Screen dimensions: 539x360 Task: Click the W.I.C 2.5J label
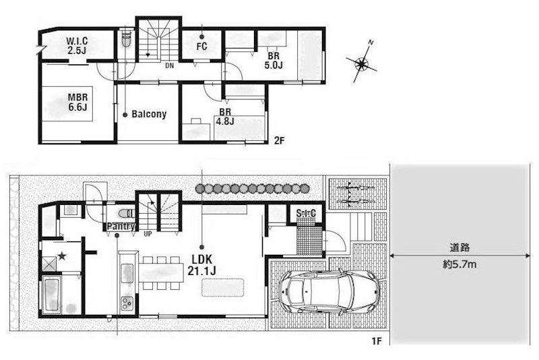click(x=77, y=46)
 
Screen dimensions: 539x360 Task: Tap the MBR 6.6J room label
click(x=77, y=102)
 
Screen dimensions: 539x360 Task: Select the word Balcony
click(x=149, y=114)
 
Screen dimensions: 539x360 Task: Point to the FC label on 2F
click(x=201, y=46)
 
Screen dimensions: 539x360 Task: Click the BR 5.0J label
click(x=274, y=61)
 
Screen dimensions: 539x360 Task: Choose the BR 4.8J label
click(x=225, y=117)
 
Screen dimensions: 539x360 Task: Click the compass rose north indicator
click(x=362, y=63)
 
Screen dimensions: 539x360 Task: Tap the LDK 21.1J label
click(x=201, y=265)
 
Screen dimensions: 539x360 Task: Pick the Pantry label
click(x=121, y=227)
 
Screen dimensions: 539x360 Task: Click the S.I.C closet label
click(x=306, y=213)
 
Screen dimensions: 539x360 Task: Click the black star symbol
click(x=62, y=256)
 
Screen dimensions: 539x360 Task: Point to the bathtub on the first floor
click(x=52, y=295)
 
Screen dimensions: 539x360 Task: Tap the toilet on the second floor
click(x=127, y=40)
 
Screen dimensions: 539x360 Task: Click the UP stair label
click(x=148, y=234)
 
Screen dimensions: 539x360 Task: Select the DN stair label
click(x=170, y=65)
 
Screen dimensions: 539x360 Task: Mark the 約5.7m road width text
click(x=459, y=265)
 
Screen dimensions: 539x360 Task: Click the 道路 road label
click(x=459, y=247)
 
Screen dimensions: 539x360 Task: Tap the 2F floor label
click(x=279, y=140)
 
